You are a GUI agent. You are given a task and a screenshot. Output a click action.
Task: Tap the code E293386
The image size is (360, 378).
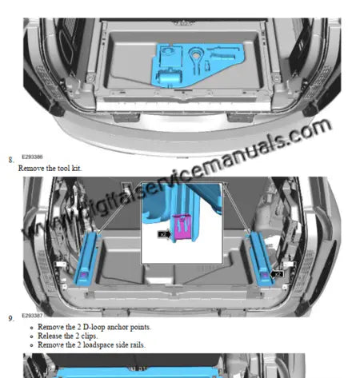click(32, 158)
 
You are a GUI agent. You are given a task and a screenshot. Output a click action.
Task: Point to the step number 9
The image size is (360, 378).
click(10, 319)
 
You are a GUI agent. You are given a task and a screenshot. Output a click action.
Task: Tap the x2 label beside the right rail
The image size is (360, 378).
click(278, 273)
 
